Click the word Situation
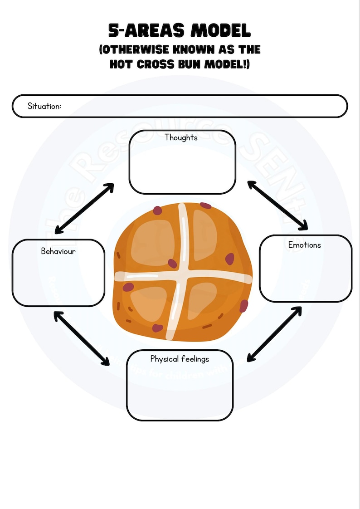click(x=44, y=106)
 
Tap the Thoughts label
click(x=181, y=137)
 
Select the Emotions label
click(x=304, y=245)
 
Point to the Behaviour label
click(x=58, y=251)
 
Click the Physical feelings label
click(x=180, y=359)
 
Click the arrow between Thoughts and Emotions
click(x=277, y=205)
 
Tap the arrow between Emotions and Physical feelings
click(x=275, y=334)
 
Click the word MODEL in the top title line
click(x=221, y=31)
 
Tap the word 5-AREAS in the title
click(x=147, y=31)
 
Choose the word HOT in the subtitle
click(x=121, y=64)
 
